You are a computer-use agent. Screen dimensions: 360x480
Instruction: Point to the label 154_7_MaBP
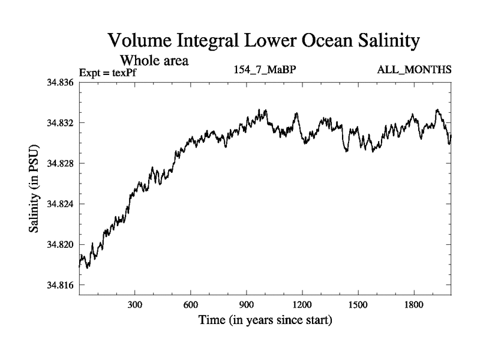tap(265, 70)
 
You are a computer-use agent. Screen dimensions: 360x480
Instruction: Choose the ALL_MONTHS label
tap(414, 70)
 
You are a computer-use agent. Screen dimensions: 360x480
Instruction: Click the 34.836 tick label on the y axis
tap(60, 82)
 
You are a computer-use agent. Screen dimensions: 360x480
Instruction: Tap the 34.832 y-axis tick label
tap(60, 123)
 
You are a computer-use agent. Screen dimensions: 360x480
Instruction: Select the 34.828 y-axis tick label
tap(60, 163)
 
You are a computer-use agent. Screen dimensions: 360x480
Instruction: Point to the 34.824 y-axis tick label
tap(60, 204)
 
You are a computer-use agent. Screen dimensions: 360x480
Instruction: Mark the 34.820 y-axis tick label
tap(60, 245)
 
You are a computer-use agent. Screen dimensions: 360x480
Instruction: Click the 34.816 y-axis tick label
tap(60, 285)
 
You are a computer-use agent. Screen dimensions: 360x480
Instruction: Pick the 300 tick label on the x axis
tap(135, 305)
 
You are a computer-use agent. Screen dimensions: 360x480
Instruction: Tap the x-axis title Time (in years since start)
tap(265, 321)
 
